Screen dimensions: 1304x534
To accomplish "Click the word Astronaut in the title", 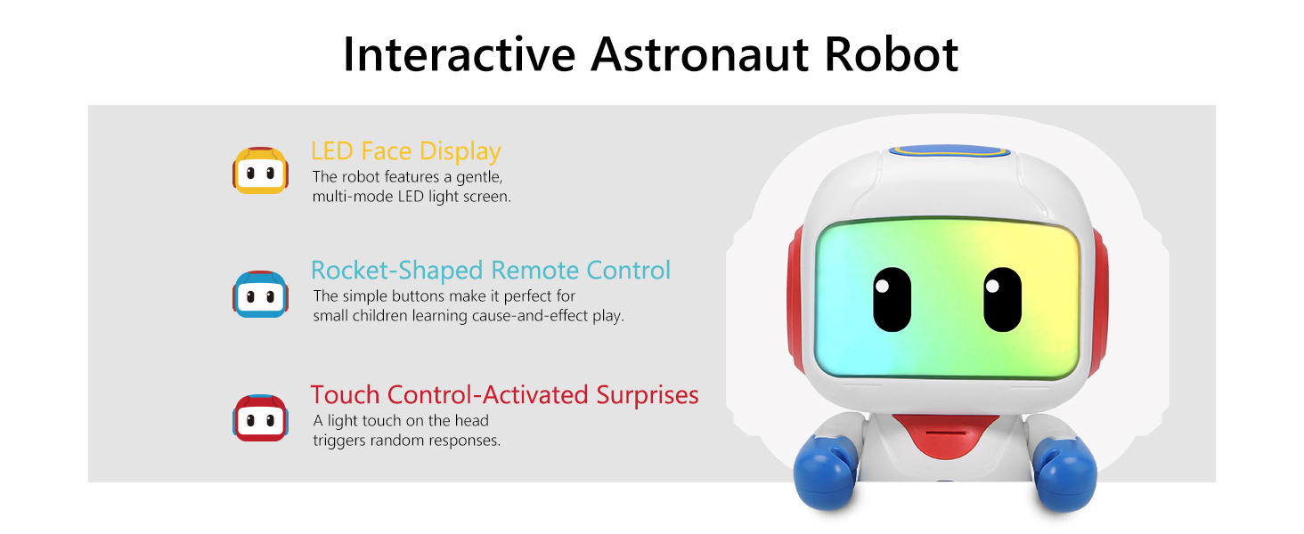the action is coord(700,54).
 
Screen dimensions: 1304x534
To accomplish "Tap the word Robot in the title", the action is coord(892,54).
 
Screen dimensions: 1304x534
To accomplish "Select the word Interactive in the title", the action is coord(460,54).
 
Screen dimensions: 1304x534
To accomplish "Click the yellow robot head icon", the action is coord(260,170).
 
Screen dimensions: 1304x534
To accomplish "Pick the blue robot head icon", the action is coord(260,294).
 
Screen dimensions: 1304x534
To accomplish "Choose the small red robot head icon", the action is coord(260,417).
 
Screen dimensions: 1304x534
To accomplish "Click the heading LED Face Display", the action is coord(406,151).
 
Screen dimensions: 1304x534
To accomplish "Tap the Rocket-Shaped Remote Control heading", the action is coord(491,271).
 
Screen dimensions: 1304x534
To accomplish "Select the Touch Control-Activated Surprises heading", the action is coord(504,394).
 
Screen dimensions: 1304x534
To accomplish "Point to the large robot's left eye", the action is coord(892,300).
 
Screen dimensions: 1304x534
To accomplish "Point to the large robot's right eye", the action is coord(1002,300).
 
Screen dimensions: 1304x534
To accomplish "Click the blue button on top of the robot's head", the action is coord(949,151).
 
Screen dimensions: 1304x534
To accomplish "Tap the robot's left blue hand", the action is coord(826,472).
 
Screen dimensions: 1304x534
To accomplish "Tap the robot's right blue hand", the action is coord(1064,473).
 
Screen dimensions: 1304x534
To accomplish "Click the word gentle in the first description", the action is coord(479,177).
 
